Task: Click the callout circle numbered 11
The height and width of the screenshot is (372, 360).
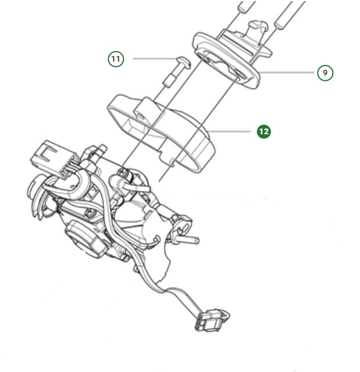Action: (x=116, y=59)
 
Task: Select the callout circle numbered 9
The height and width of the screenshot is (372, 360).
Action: (x=326, y=73)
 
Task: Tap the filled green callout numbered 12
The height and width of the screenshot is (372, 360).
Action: (x=264, y=131)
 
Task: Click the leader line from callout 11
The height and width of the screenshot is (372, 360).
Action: (x=152, y=59)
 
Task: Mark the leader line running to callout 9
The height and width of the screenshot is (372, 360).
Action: (x=288, y=72)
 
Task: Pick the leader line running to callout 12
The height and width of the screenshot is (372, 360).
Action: (x=233, y=131)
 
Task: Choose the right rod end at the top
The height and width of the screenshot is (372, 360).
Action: (x=288, y=15)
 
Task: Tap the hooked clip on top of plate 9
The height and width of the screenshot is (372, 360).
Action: (x=256, y=26)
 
